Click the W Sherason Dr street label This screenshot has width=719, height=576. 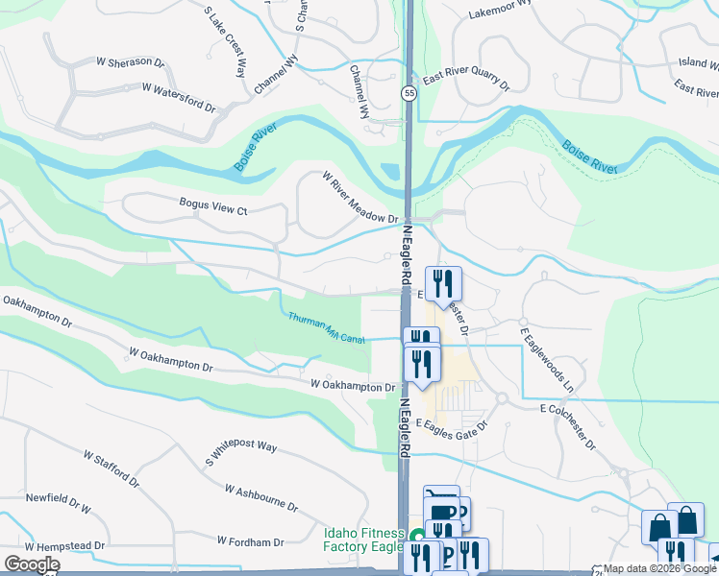click(x=131, y=61)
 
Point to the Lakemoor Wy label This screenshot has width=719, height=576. click(x=500, y=10)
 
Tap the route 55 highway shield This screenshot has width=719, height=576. click(x=409, y=93)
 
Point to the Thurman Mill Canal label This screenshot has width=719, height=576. click(x=327, y=329)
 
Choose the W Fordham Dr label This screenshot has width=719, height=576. click(x=250, y=541)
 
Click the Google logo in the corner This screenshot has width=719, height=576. click(x=32, y=564)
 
